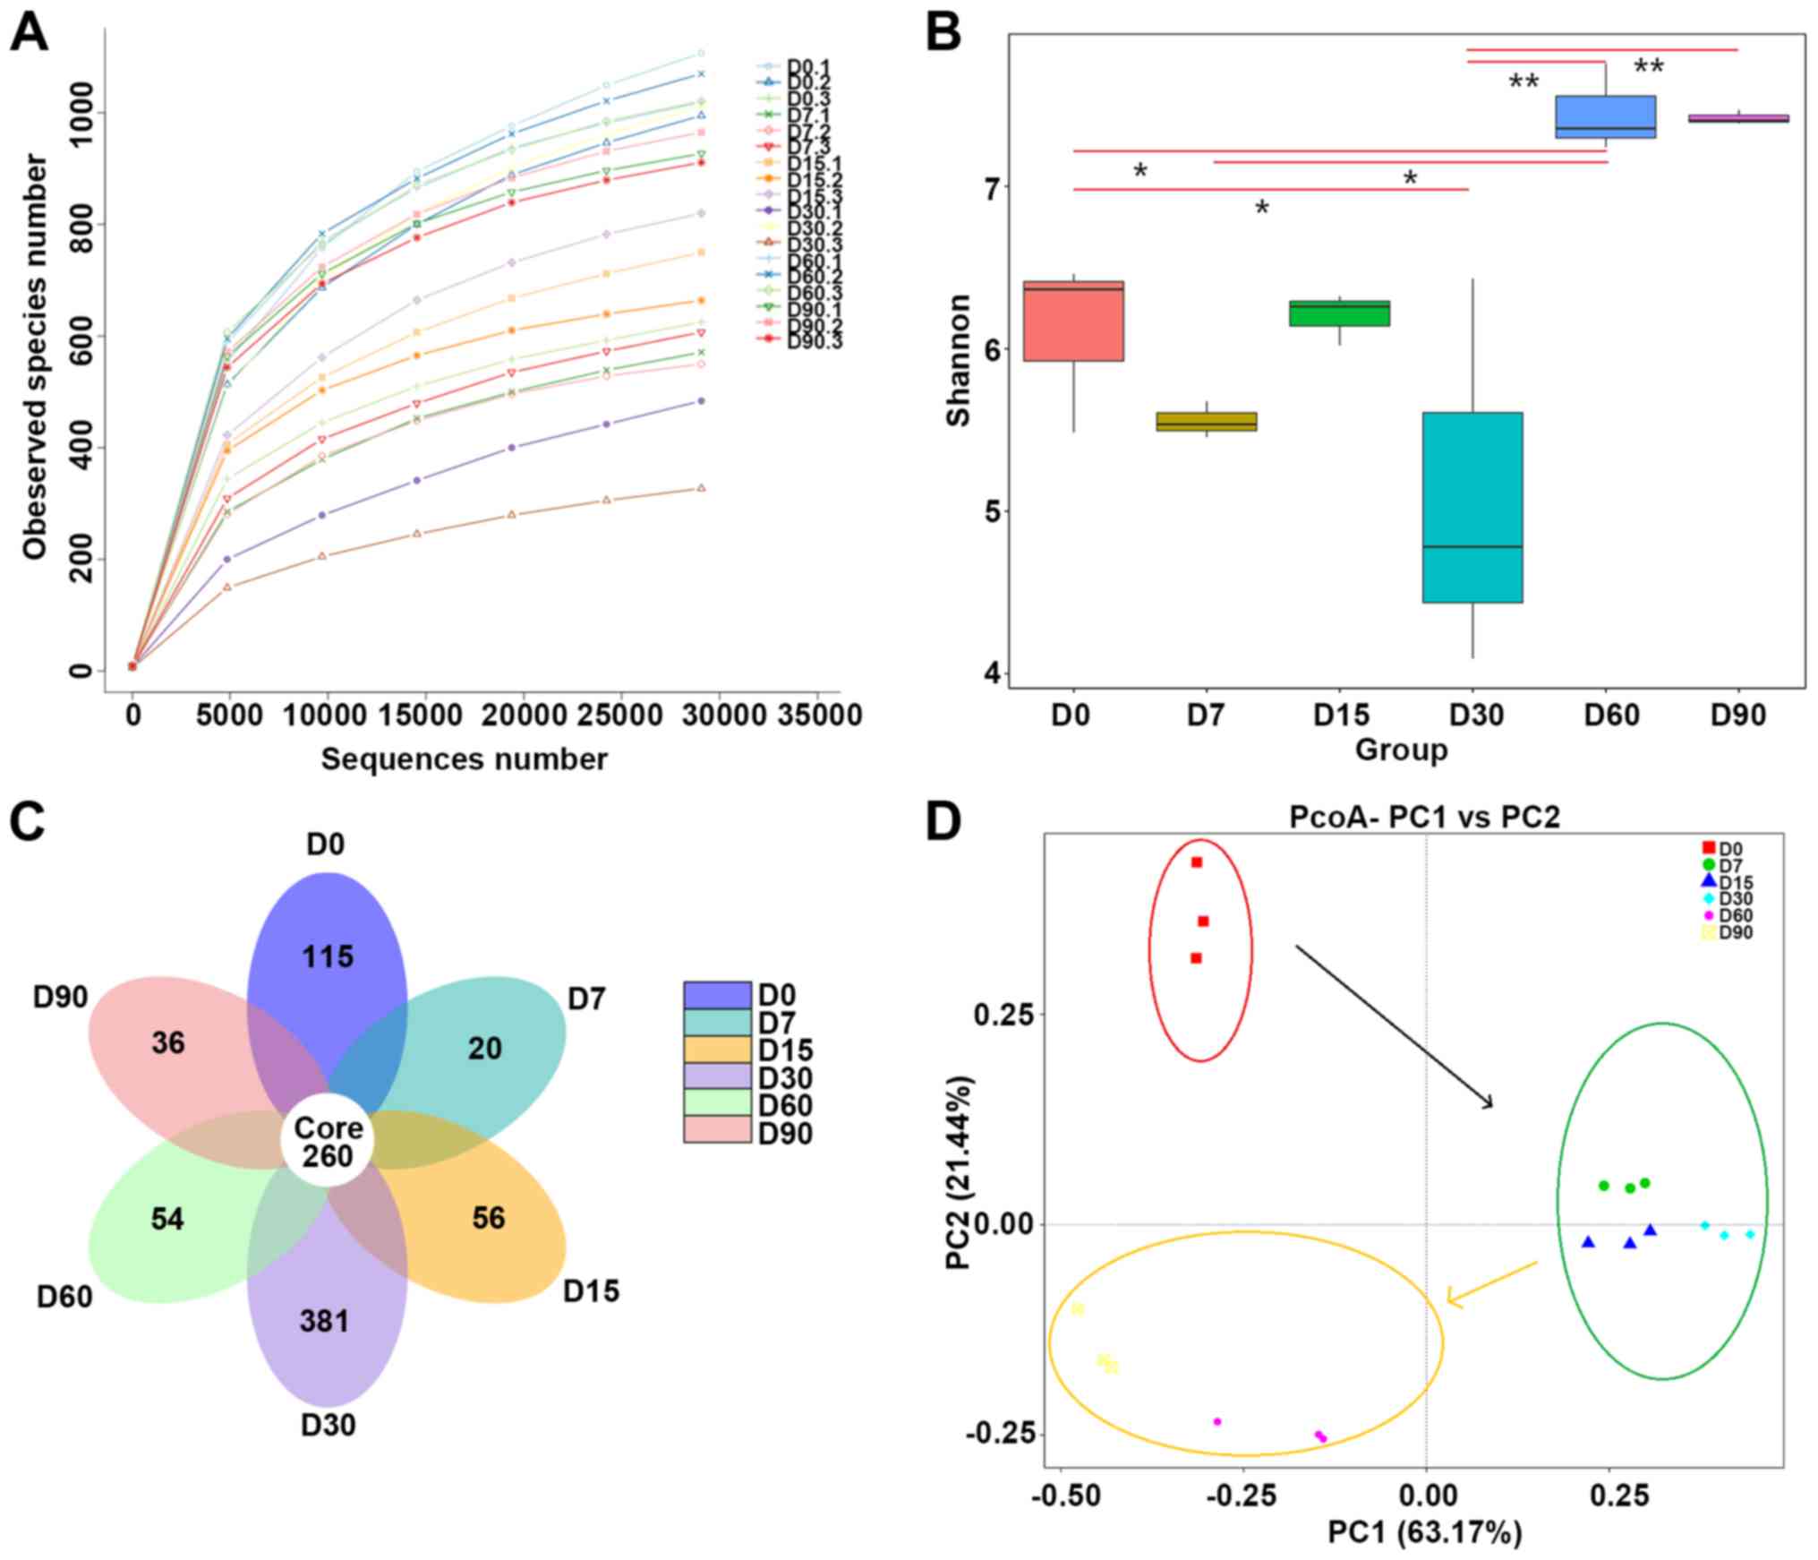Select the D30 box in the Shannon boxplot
[1472, 507]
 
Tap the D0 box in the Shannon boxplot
[1073, 321]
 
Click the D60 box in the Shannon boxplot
[1606, 116]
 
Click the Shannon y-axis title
[959, 360]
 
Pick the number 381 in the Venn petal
[325, 1321]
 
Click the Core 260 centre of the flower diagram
[328, 1142]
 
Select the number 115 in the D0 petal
[328, 956]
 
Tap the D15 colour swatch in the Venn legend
[717, 1050]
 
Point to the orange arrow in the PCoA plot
[1491, 1283]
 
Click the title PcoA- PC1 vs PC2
[1424, 817]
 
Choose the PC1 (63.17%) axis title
[1424, 1532]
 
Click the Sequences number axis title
[465, 759]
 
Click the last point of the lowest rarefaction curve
[701, 488]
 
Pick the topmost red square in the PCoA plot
[1196, 862]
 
